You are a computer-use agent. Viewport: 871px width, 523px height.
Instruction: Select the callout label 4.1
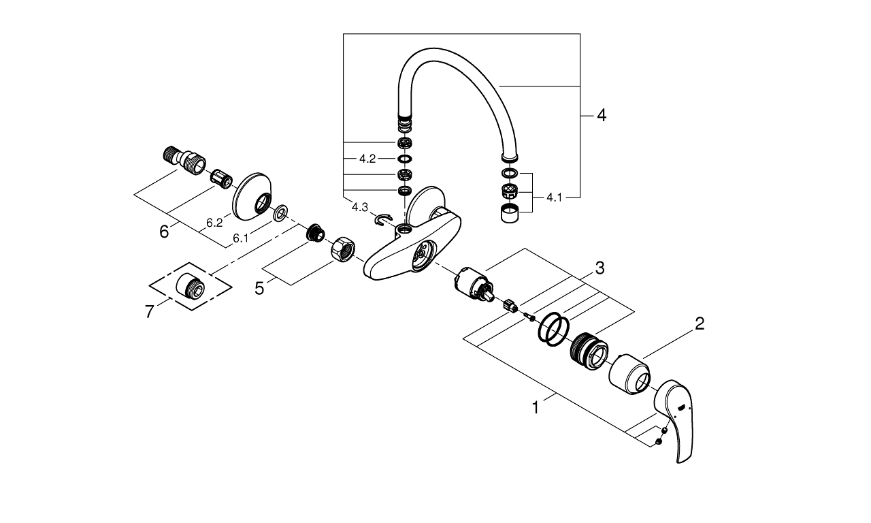point(555,197)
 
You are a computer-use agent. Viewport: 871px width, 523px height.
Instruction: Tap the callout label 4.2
point(367,159)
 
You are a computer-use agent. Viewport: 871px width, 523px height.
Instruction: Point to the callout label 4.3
point(360,206)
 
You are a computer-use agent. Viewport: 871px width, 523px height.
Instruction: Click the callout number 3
point(599,268)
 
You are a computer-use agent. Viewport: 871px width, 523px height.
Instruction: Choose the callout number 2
point(698,324)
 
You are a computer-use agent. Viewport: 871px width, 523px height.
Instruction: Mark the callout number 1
point(536,408)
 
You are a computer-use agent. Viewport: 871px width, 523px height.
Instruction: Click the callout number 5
point(259,288)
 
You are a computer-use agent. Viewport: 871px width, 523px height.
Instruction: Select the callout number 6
point(164,232)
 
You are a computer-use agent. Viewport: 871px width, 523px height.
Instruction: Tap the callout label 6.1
point(240,238)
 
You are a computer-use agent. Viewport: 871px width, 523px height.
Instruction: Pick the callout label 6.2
point(214,223)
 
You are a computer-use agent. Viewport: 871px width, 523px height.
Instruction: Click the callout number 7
point(150,312)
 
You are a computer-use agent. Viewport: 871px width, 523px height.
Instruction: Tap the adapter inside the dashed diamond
point(190,285)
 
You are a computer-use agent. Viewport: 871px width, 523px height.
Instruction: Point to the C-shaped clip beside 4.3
point(383,219)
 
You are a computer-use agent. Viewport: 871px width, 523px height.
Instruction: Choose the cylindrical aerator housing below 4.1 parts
point(511,214)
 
